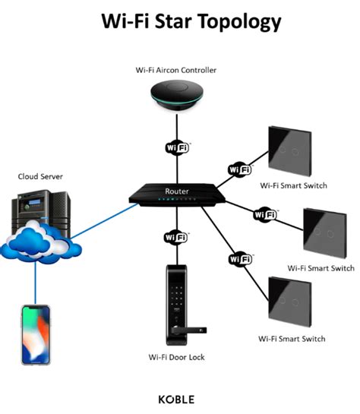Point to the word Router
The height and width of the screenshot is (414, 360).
click(x=176, y=191)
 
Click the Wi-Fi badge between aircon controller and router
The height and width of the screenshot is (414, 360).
click(x=176, y=146)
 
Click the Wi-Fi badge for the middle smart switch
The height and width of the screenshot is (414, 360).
click(x=266, y=214)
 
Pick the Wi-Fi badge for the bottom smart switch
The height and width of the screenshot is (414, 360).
click(x=240, y=260)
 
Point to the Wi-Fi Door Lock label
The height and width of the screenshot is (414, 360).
click(x=176, y=357)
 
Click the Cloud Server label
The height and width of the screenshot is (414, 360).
click(x=41, y=176)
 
